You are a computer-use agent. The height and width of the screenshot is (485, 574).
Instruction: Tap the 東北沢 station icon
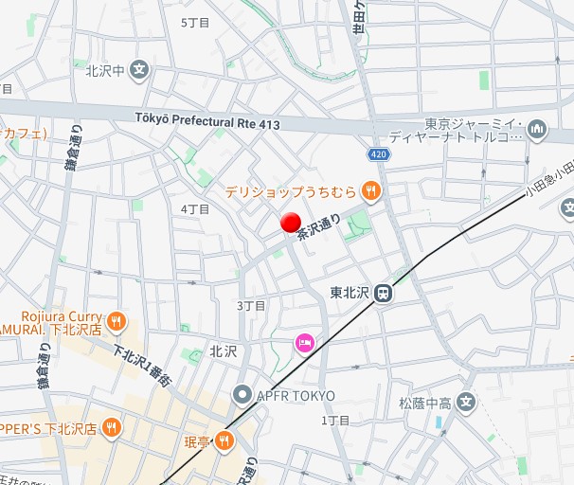(x=384, y=294)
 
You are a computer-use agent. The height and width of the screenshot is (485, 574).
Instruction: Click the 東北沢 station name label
(x=349, y=293)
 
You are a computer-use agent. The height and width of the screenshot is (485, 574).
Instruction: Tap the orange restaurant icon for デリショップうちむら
(x=371, y=190)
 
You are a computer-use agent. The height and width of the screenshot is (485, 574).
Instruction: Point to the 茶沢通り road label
(x=318, y=225)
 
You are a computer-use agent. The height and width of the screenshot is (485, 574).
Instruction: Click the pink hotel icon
(x=305, y=343)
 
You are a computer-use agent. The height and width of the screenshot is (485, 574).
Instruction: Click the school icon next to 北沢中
(x=139, y=69)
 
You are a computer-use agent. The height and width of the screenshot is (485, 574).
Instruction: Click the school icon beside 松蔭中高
(x=465, y=403)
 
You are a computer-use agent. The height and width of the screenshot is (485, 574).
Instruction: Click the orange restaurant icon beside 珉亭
(x=224, y=439)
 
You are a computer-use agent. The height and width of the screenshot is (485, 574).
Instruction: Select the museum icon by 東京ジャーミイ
(x=537, y=128)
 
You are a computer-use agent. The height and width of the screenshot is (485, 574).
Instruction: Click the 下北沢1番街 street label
(x=142, y=365)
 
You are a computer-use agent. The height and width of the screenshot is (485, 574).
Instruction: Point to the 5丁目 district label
(x=194, y=21)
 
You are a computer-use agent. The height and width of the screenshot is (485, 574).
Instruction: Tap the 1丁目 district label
(x=335, y=420)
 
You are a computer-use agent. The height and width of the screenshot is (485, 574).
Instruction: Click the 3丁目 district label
(x=251, y=305)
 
